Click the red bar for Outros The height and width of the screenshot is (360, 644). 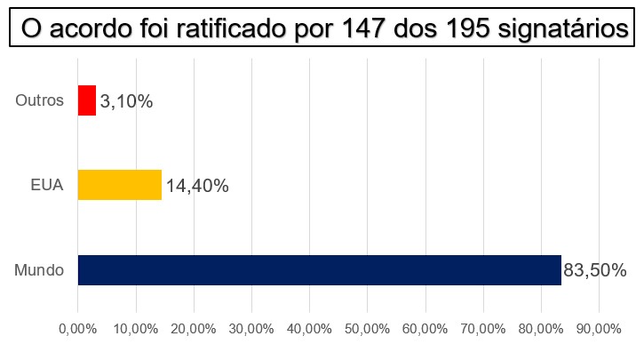coord(87,100)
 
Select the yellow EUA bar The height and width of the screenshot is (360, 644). coord(120,185)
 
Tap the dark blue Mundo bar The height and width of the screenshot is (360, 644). coord(320,270)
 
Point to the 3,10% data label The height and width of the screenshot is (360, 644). coord(127,102)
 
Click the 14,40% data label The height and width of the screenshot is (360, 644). coord(196,186)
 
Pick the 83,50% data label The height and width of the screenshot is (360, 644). coord(596,270)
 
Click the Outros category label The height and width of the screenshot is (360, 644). coord(40,100)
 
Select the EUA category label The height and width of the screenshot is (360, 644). coord(47,186)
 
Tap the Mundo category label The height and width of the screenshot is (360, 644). coord(40,270)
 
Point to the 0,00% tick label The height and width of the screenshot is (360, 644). coord(78,329)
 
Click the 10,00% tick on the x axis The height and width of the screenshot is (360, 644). coord(136,329)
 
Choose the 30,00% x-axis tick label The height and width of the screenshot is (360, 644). coord(251,329)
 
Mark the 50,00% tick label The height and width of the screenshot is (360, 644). coord(367,329)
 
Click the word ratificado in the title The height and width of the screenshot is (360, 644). coord(235,28)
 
